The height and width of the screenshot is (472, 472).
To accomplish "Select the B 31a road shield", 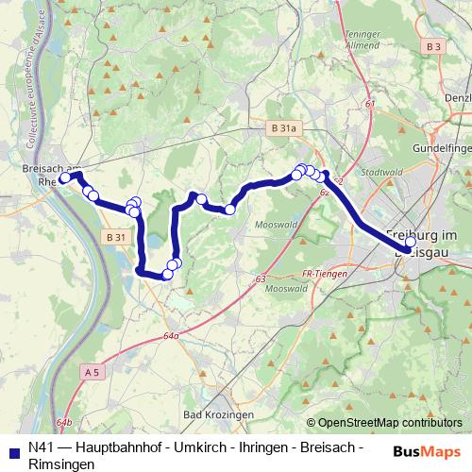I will [x=278, y=130].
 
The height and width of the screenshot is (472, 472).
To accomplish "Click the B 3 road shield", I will [x=433, y=46].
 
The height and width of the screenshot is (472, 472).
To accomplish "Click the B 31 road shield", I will [x=115, y=237].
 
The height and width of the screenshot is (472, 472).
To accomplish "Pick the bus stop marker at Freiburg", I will [x=410, y=241].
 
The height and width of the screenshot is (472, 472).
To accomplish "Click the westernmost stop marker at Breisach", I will [x=64, y=177].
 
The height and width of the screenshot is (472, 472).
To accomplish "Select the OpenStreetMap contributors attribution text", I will [x=387, y=423].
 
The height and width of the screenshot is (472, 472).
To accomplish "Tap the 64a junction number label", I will [x=170, y=335].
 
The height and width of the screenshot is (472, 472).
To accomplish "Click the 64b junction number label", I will [x=63, y=422].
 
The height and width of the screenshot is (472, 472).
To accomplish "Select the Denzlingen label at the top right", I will [x=457, y=97].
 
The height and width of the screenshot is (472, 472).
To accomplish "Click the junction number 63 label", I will [x=261, y=279].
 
